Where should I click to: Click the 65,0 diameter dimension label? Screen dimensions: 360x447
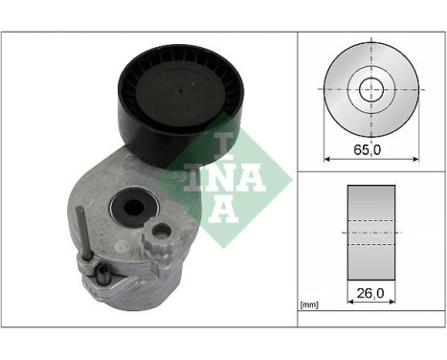(366, 149)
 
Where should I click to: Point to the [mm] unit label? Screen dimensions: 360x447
(309, 305)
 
